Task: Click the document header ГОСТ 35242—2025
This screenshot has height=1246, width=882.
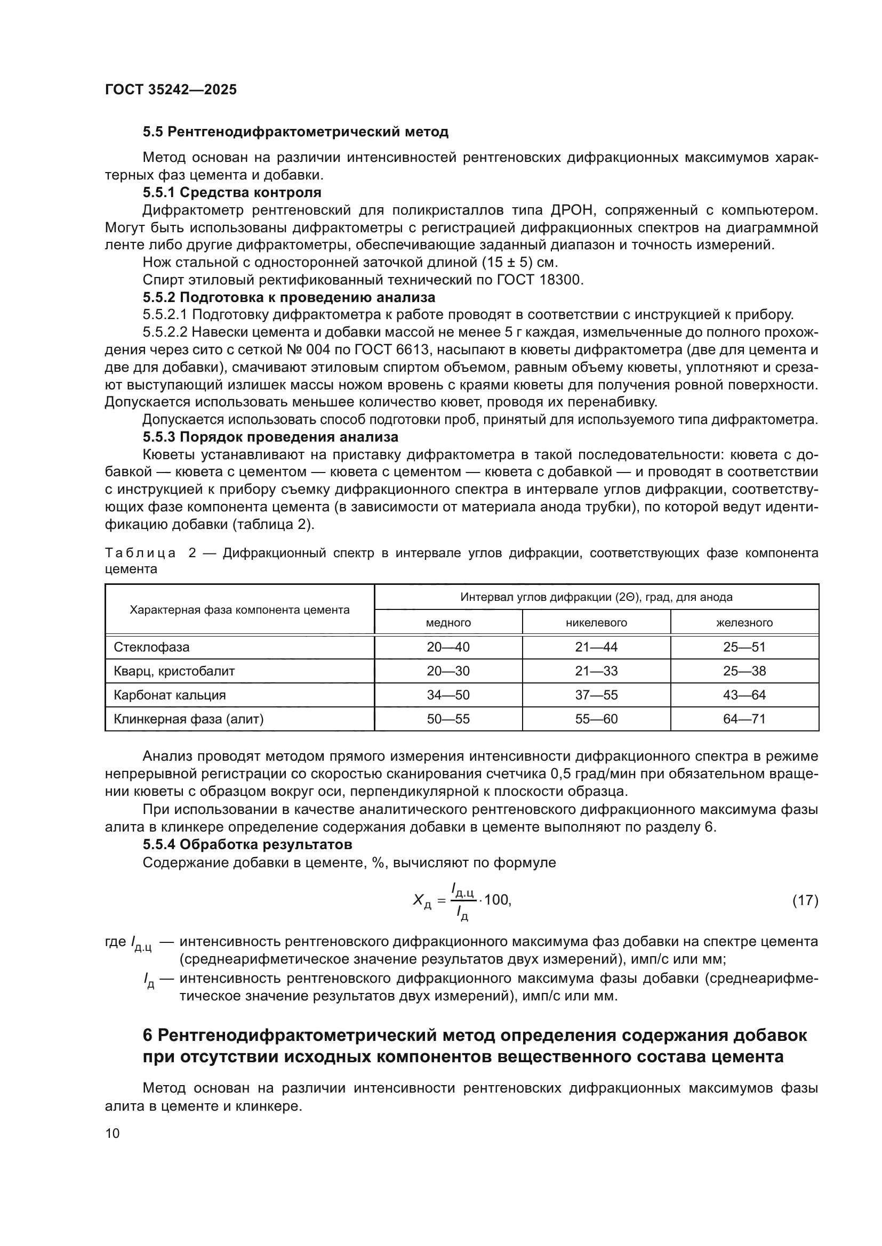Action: tap(171, 89)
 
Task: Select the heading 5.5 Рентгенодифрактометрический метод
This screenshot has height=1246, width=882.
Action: tap(295, 132)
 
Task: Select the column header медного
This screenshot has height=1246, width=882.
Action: tap(448, 622)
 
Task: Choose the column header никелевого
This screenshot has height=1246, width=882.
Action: tap(596, 622)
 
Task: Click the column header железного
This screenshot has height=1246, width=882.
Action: tap(744, 622)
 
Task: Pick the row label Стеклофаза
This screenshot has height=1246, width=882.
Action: tap(151, 647)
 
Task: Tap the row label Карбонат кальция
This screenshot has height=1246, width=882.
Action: tap(170, 695)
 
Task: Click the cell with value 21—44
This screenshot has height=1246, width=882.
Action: tap(596, 647)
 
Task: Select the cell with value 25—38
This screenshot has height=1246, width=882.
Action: tap(744, 671)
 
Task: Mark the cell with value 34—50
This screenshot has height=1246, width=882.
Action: tap(448, 695)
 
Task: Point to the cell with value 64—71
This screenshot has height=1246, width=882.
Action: tap(744, 719)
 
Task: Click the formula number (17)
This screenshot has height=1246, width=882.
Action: tap(805, 900)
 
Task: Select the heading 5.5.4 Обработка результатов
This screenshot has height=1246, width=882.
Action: tap(247, 844)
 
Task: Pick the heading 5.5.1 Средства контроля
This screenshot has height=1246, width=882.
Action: tap(232, 193)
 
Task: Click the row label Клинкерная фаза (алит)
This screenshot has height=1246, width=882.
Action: tap(188, 719)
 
